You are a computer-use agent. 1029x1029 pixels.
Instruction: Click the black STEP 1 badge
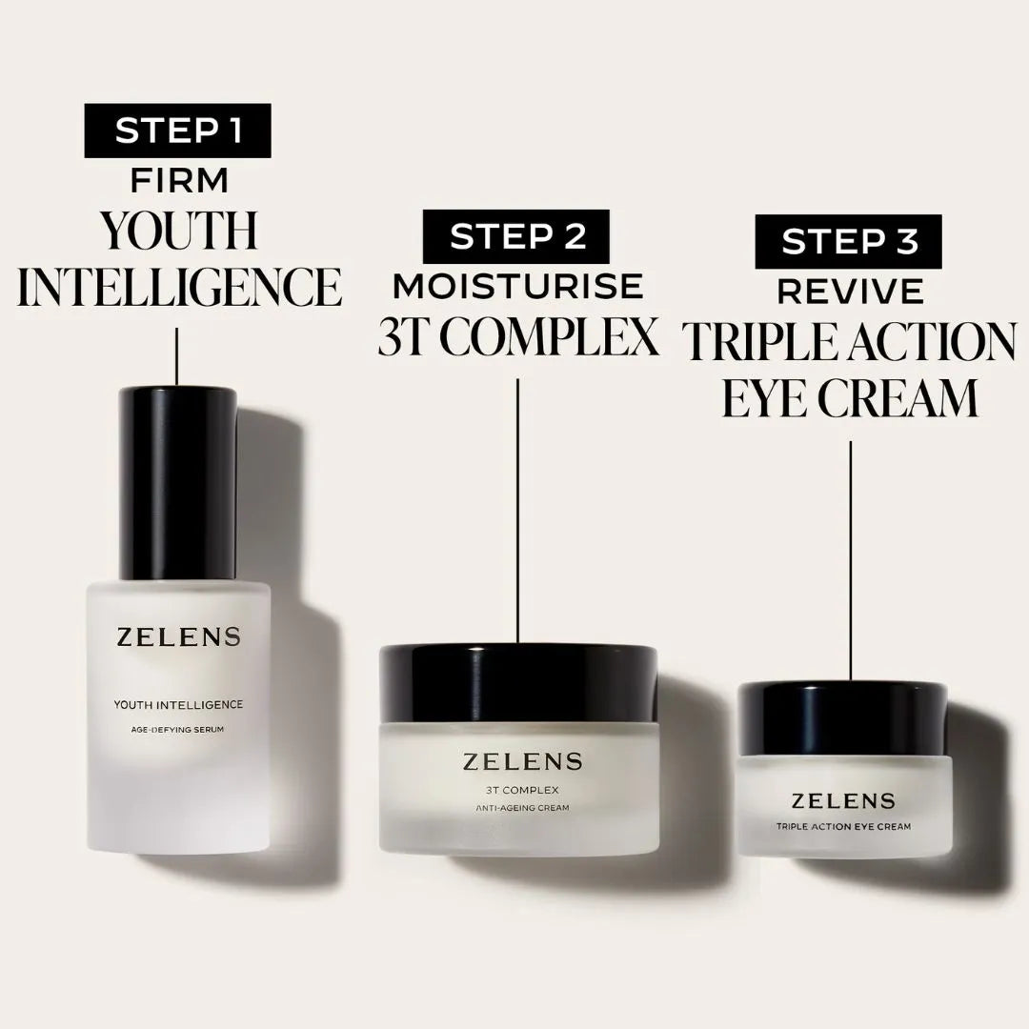[x=177, y=131]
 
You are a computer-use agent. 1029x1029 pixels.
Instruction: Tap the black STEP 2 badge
[x=517, y=236]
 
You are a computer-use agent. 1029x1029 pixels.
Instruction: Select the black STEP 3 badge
[x=849, y=241]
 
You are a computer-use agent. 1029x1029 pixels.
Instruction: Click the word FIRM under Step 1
[x=179, y=180]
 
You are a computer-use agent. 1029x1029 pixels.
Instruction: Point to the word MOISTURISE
[x=517, y=286]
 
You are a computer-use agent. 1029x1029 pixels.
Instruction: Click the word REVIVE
[x=850, y=291]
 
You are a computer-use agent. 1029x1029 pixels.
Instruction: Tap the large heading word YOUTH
[x=179, y=232]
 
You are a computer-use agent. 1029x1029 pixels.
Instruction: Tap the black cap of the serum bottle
[x=177, y=481]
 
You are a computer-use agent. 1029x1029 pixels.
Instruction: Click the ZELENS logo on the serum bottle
[x=178, y=638]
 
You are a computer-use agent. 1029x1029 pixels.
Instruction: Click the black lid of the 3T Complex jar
[x=518, y=682]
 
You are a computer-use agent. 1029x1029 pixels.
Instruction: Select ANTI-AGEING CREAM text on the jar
[x=522, y=808]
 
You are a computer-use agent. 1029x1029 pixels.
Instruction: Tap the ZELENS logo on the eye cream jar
[x=843, y=801]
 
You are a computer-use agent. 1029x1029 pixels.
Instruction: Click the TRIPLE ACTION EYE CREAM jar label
[x=843, y=826]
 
